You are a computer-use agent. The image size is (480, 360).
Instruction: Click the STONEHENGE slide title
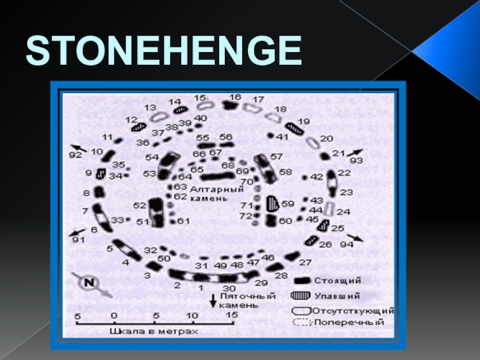pos(163,50)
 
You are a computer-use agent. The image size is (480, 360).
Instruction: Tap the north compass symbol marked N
pos(89,282)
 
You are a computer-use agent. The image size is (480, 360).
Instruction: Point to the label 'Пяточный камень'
pos(239,300)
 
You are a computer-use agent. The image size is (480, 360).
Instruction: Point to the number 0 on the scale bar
pos(114,314)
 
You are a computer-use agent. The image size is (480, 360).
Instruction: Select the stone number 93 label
pos(356,160)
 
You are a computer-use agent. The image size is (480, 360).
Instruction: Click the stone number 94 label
pos(347,245)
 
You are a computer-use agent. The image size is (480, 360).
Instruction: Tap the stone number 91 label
pos(78,240)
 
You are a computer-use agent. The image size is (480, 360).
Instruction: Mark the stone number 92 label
pos(75,155)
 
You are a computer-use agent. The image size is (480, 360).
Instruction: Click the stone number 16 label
pos(235,97)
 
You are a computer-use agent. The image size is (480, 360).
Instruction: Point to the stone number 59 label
pos(288,203)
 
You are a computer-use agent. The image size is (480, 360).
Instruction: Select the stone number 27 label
pos(305,262)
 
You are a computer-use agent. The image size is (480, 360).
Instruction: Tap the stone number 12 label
pos(131,120)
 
